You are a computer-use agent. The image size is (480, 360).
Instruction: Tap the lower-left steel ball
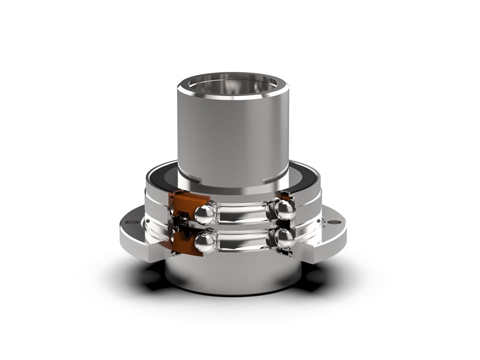206,241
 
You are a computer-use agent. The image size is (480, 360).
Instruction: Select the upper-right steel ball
284,209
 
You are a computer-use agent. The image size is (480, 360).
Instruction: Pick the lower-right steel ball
284,238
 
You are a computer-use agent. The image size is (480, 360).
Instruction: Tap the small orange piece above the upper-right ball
286,196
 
